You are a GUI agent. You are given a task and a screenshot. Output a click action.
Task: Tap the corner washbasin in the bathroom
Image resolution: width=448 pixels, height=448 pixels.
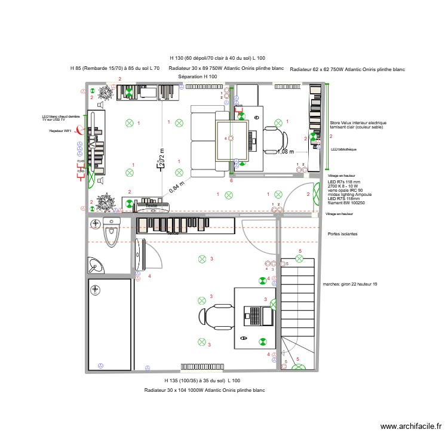95,263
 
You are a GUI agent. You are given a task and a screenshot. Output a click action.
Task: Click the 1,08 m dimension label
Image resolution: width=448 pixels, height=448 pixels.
286,152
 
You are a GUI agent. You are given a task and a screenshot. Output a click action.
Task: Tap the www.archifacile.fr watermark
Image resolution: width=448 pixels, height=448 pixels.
410,426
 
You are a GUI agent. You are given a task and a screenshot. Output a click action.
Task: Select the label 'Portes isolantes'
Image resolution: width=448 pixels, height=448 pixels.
342,234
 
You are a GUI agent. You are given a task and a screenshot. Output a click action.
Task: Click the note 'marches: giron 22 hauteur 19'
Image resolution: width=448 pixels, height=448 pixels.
349,284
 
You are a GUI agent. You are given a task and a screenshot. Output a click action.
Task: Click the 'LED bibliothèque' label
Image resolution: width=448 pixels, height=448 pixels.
343,149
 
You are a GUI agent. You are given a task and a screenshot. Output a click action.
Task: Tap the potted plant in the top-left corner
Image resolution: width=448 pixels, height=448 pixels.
107,93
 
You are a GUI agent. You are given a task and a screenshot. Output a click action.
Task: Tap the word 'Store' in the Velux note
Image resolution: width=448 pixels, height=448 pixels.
335,123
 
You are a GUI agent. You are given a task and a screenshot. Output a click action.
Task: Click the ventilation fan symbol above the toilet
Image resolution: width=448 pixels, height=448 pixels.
95,224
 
